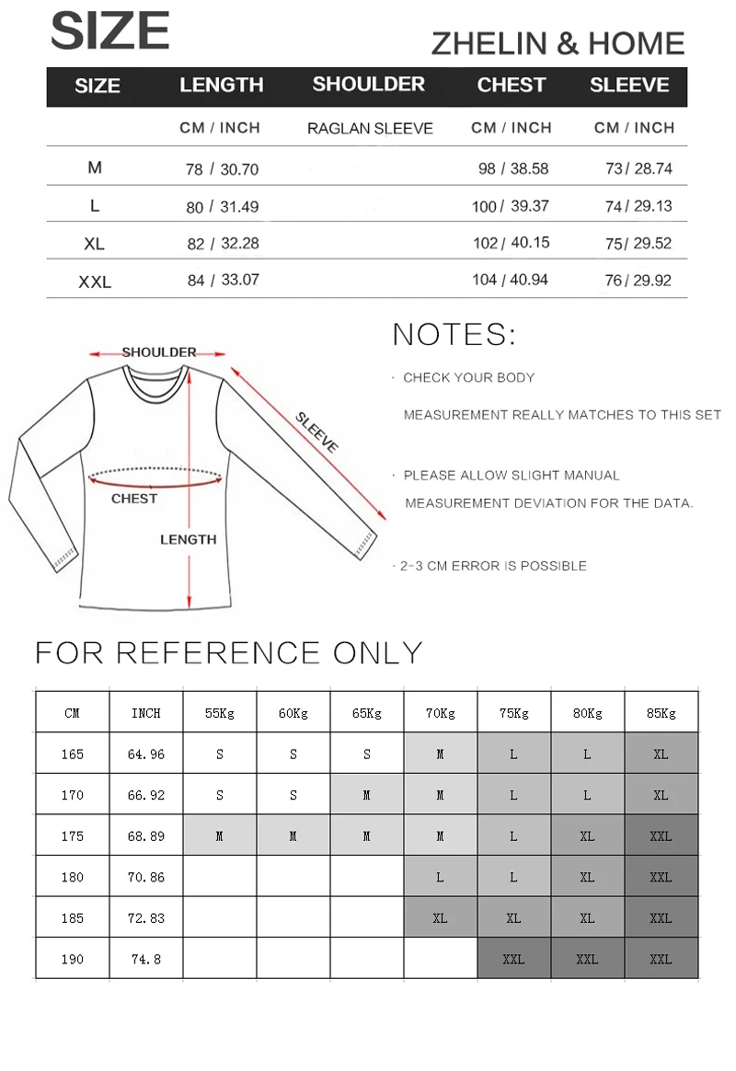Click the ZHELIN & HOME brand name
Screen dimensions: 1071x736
558,43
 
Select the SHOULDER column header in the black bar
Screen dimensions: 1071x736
368,85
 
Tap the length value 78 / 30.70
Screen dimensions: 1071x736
222,169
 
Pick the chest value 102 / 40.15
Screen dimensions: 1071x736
510,243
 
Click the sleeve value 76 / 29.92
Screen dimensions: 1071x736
638,281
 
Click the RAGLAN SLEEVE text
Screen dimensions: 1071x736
370,129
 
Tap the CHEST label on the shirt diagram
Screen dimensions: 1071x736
134,499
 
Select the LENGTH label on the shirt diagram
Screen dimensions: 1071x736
188,540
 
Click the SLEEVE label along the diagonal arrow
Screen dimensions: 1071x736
317,432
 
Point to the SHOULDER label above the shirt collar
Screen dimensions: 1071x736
159,352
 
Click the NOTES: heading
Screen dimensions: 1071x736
454,335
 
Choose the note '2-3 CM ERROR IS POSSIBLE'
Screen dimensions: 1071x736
493,566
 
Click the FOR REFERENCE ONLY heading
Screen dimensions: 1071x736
228,652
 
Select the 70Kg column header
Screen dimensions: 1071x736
440,713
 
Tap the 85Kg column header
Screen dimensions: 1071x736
661,713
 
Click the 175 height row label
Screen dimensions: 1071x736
73,836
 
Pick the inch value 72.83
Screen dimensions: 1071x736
146,918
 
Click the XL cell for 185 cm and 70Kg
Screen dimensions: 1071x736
440,918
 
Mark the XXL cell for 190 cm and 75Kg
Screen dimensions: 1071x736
513,959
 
